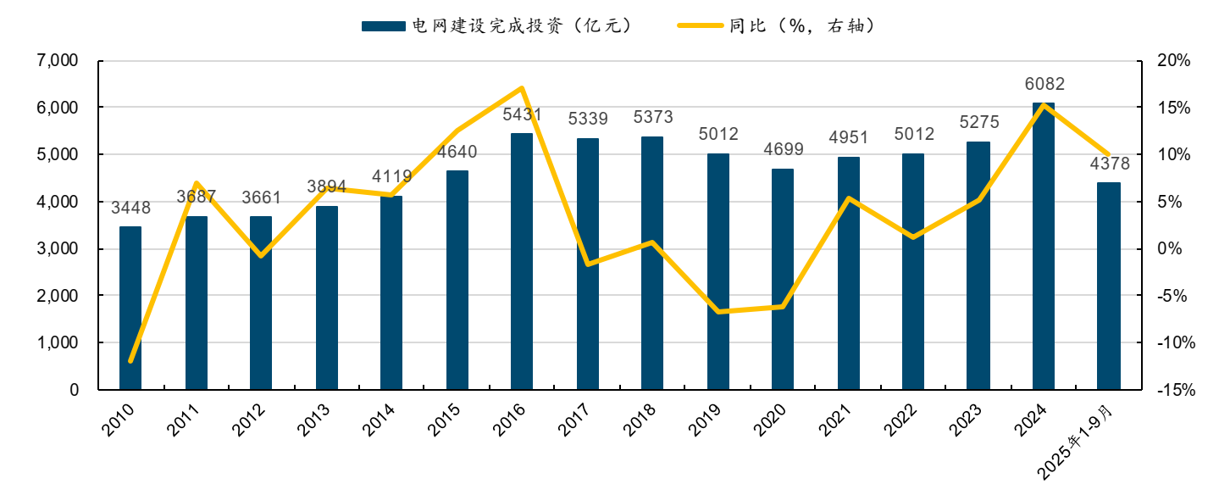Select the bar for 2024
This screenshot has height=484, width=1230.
(x=1044, y=246)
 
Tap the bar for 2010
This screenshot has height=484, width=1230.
(x=130, y=308)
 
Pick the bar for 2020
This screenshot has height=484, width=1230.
(x=783, y=279)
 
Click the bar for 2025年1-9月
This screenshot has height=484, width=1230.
(x=1109, y=286)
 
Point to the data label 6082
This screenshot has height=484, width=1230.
(x=1044, y=84)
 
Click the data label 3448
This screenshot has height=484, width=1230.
(x=130, y=208)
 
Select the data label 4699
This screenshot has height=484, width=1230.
(x=783, y=150)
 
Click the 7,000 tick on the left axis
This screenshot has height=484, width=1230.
(x=58, y=61)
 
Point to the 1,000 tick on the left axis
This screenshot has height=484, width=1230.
(x=58, y=343)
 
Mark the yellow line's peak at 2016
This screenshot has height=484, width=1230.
(x=522, y=88)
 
